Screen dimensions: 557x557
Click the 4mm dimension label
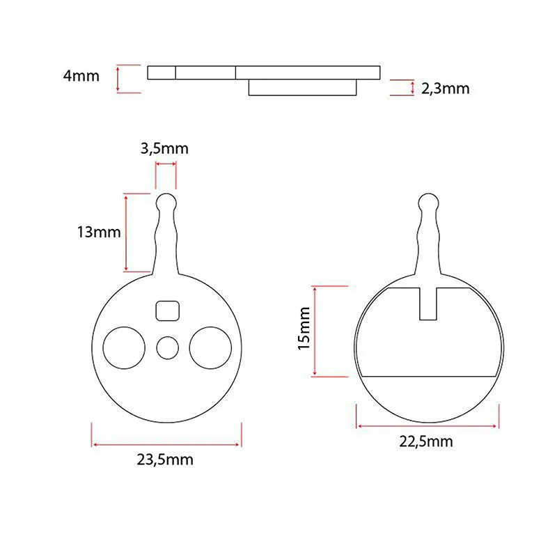(x=81, y=76)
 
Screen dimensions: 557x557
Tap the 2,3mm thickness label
(x=446, y=88)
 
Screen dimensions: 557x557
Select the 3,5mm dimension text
(x=164, y=148)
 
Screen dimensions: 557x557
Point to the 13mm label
(x=99, y=233)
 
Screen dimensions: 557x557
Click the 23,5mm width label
(x=165, y=460)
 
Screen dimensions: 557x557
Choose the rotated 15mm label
(x=304, y=329)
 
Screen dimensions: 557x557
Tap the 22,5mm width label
(x=426, y=441)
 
